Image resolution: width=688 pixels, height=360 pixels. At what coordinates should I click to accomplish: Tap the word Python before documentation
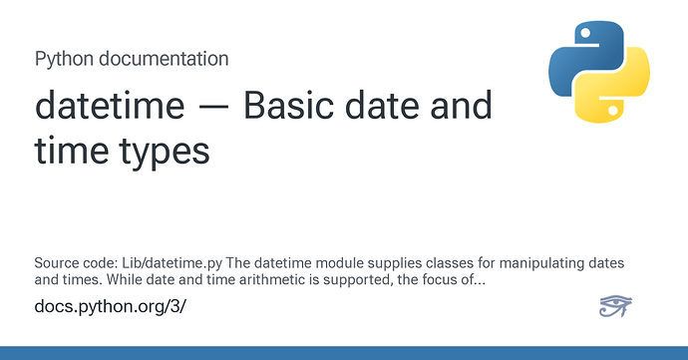coord(64,60)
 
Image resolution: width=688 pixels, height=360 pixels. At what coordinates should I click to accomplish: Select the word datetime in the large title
coord(110,106)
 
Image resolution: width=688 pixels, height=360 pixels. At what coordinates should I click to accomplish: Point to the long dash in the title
coord(214,108)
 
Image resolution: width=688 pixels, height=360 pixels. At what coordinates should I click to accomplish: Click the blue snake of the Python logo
coord(585,56)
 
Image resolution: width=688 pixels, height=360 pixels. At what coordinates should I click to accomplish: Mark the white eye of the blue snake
coord(585,33)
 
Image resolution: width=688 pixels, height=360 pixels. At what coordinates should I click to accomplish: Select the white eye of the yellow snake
coord(614,111)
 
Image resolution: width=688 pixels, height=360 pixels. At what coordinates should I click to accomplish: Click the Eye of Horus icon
coord(615,306)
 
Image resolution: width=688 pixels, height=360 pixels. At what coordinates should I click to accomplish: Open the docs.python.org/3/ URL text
coord(110,306)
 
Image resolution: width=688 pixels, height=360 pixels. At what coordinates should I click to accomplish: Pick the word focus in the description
coord(440,279)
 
